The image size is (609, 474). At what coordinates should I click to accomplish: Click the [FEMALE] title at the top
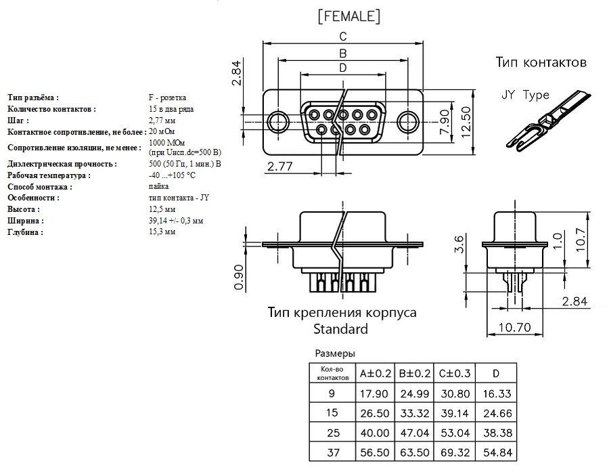coord(348,16)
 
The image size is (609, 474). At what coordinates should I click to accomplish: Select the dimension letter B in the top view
coord(343,53)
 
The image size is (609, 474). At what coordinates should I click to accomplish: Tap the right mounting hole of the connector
coord(407,123)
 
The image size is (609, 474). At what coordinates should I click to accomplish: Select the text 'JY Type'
coord(525,95)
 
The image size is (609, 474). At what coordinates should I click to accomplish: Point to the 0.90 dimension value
coord(238,277)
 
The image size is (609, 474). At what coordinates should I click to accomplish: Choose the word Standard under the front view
coord(340,329)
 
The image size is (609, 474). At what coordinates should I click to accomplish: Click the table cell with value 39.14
coord(455,412)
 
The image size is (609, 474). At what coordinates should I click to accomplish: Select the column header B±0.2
coord(415,373)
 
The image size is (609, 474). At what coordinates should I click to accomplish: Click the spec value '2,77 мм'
coord(162,120)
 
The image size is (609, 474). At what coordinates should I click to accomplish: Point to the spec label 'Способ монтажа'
coord(40,186)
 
